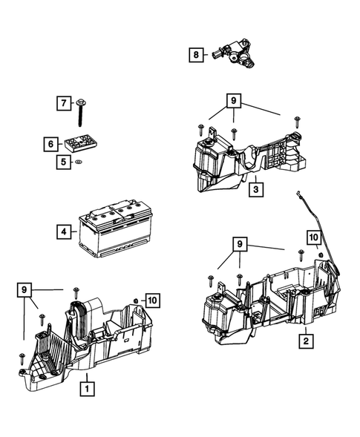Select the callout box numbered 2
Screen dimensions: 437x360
[304, 341]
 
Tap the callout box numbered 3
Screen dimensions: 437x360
[254, 189]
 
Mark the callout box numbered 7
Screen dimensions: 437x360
[64, 102]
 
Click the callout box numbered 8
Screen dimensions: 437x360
[195, 55]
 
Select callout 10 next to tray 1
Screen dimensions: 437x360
[151, 300]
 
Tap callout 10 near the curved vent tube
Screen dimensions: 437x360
[312, 237]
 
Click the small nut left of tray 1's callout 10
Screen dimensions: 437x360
[136, 300]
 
